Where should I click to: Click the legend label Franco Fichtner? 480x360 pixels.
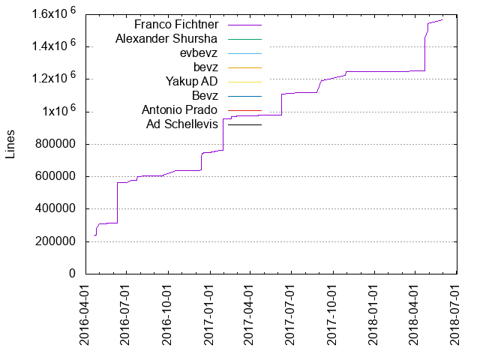175,24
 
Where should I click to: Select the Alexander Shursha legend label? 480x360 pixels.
166,38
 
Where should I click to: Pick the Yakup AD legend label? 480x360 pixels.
191,81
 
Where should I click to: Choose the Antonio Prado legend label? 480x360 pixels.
179,109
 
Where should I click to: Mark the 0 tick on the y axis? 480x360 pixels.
73,274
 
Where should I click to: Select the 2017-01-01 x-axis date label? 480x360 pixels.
210,316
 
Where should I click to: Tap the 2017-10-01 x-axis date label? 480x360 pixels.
333,316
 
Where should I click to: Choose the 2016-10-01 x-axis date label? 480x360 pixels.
169,316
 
